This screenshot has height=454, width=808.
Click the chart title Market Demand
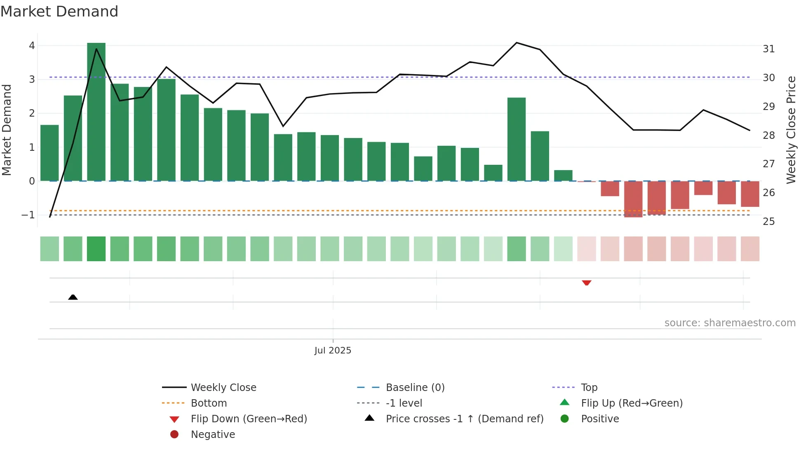point(59,12)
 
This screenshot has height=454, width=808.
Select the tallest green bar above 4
point(96,111)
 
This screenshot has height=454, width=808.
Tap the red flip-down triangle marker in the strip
point(586,283)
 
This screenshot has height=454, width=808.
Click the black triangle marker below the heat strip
point(73,297)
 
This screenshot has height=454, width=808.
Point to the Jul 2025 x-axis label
point(333,350)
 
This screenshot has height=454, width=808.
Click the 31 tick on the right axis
point(768,49)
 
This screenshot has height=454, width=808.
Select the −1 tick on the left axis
point(28,215)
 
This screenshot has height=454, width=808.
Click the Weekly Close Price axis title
point(791,130)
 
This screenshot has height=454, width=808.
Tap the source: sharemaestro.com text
point(730,323)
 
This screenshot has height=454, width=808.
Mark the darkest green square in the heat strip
point(96,249)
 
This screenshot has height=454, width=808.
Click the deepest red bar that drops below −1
point(633,199)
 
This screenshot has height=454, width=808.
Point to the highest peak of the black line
point(516,43)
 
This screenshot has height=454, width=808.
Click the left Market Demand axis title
point(7,130)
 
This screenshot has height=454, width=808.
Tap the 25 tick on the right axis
point(768,222)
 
